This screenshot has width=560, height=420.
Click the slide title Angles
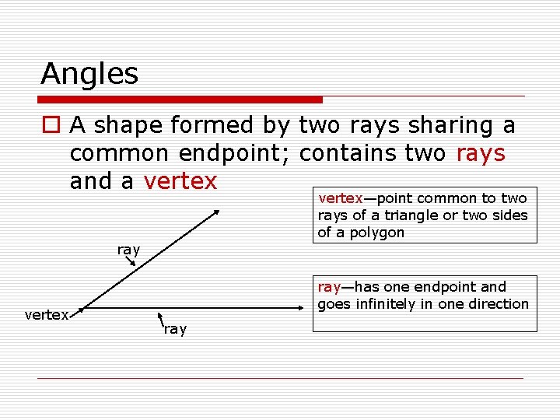click(89, 74)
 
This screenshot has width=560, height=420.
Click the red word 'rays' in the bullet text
click(481, 153)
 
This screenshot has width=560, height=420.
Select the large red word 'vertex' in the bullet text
click(180, 181)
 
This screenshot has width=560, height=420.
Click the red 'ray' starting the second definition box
click(329, 287)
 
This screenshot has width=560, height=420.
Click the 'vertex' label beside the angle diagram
click(47, 315)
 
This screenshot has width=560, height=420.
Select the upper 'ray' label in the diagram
click(128, 250)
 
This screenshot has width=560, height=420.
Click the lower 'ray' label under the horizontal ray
click(175, 329)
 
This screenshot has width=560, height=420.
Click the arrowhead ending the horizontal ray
click(307, 307)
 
